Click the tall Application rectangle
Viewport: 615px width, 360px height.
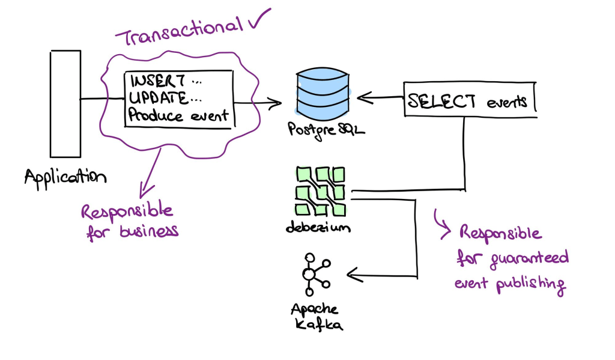65,103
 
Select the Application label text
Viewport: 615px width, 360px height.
65,177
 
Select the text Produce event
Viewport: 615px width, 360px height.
178,115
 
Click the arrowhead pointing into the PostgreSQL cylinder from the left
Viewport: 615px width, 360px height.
277,103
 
